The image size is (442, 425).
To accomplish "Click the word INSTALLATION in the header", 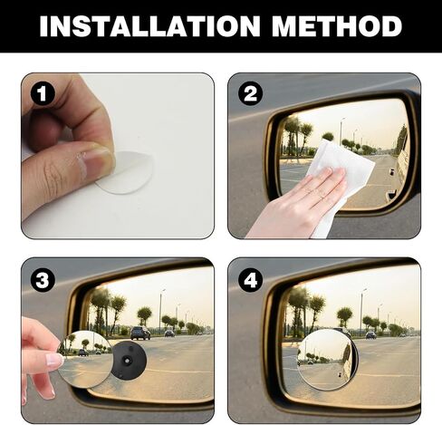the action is tap(149, 26).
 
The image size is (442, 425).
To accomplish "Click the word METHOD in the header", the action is tap(337, 26).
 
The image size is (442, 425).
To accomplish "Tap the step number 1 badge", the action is tap(43, 94).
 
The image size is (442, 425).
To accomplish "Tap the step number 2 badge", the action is tap(250, 94).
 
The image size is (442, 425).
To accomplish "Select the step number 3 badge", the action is tap(43, 280).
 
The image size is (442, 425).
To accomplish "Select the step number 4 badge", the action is tap(250, 280).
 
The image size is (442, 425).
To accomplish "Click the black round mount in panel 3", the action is tap(130, 360).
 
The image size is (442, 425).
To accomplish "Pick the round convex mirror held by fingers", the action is tap(86, 360).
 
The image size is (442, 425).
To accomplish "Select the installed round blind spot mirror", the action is tap(328, 360).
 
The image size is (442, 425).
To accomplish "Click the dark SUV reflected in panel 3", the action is tap(140, 333).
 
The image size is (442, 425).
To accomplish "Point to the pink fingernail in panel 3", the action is tap(54, 360).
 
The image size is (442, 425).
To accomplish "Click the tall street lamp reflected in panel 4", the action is tap(362, 311).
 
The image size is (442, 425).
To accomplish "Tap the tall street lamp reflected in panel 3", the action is tap(161, 311).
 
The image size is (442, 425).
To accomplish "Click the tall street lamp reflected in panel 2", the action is tap(341, 132).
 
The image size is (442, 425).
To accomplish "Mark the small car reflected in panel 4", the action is tap(371, 334).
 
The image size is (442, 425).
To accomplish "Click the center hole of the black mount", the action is tap(127, 360).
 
